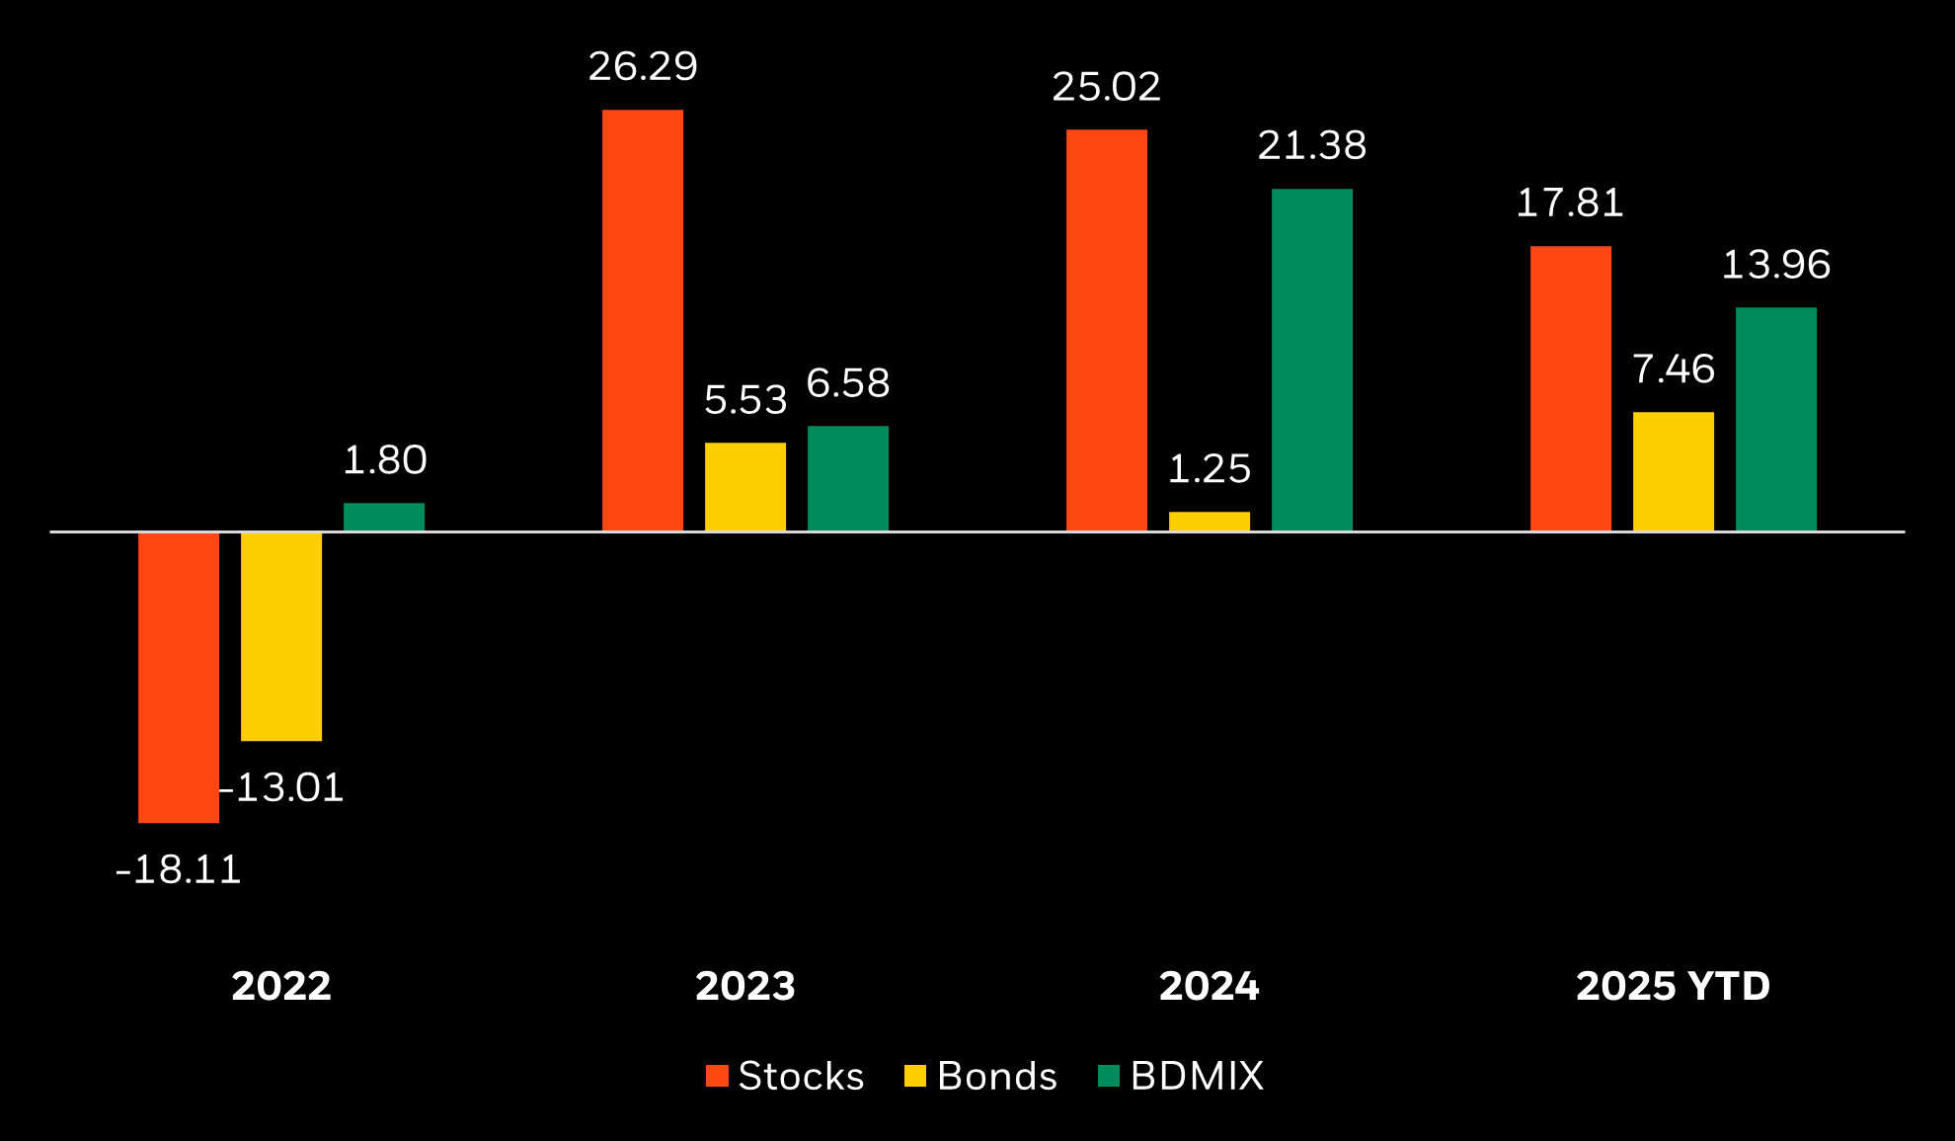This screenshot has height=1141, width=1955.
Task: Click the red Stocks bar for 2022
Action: pyautogui.click(x=179, y=677)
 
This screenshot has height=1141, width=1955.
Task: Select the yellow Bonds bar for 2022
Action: pyautogui.click(x=281, y=636)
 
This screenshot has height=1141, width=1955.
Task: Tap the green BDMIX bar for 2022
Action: pyautogui.click(x=384, y=517)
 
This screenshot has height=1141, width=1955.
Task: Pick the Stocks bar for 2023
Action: pyautogui.click(x=643, y=320)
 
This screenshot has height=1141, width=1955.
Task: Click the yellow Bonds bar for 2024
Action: pyautogui.click(x=1210, y=522)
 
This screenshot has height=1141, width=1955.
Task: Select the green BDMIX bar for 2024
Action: pyautogui.click(x=1312, y=360)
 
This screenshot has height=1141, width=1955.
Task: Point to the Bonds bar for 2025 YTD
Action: pyautogui.click(x=1674, y=471)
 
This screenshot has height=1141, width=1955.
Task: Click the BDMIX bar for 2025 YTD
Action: pyautogui.click(x=1776, y=419)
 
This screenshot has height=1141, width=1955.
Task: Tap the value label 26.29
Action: pyautogui.click(x=643, y=67)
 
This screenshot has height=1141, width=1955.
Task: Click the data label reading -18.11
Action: pyautogui.click(x=179, y=870)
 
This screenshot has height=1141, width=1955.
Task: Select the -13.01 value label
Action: pyautogui.click(x=281, y=788)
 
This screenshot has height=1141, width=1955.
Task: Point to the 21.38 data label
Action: pyautogui.click(x=1312, y=146)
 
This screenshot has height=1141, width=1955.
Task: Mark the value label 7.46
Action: pyautogui.click(x=1674, y=369)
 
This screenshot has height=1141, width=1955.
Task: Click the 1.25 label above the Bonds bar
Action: pyautogui.click(x=1210, y=469)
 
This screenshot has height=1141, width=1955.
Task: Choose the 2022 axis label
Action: pyautogui.click(x=281, y=986)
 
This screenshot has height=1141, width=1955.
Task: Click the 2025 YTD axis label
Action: pyautogui.click(x=1674, y=986)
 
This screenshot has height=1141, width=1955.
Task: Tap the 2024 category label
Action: pyautogui.click(x=1210, y=986)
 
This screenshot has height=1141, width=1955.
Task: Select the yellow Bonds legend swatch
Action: pyautogui.click(x=915, y=1076)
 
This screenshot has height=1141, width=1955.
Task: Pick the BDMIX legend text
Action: pyautogui.click(x=1197, y=1076)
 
